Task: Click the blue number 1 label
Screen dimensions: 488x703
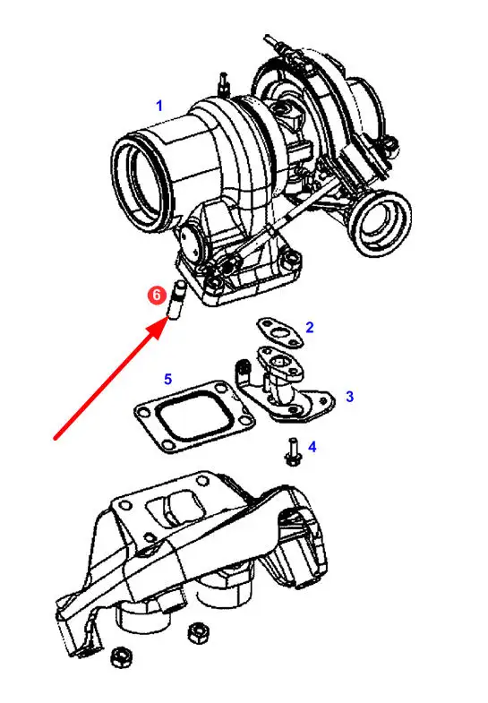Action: [159, 107]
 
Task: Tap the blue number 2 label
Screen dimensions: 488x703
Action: [310, 328]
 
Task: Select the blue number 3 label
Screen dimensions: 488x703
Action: [349, 397]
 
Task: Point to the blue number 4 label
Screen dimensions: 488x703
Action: [312, 447]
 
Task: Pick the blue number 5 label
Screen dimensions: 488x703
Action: [167, 380]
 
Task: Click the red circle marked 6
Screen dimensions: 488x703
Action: [157, 296]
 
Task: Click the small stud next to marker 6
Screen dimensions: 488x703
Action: [176, 299]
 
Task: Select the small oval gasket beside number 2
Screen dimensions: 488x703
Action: [280, 332]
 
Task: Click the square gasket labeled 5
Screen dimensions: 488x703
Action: [194, 417]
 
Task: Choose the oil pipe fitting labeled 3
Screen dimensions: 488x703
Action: [284, 387]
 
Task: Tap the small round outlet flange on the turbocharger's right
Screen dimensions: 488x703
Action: [380, 222]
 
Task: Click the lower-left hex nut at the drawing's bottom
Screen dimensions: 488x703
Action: [121, 657]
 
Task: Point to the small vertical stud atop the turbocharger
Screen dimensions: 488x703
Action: [224, 84]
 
